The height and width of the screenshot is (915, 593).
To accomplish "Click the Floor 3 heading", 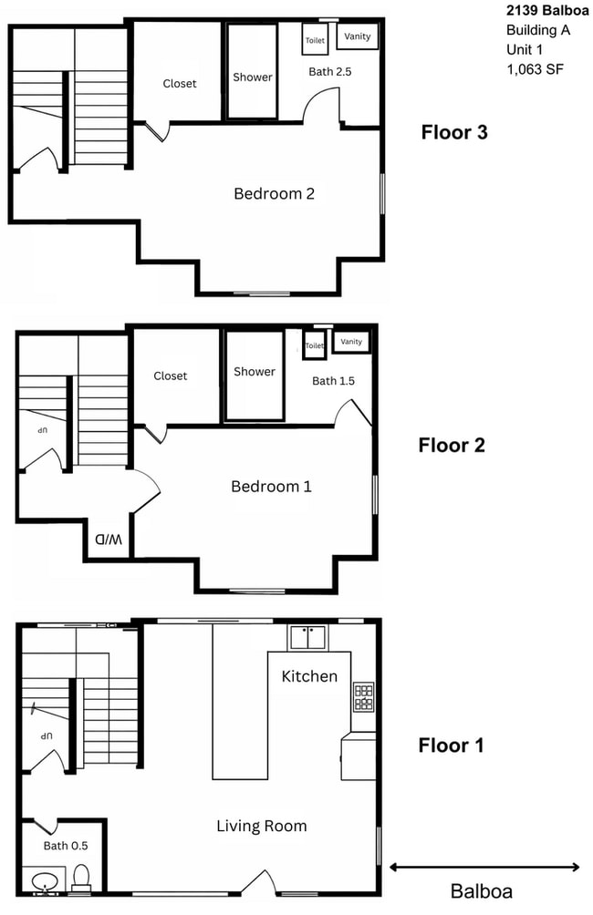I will (453, 132).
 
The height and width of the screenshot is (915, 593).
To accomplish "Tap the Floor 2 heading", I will (451, 445).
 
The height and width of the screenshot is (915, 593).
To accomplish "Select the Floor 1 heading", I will (451, 745).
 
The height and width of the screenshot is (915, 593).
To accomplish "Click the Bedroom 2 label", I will (274, 193).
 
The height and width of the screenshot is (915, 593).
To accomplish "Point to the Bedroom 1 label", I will (271, 487).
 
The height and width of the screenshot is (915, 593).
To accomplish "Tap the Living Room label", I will (261, 827).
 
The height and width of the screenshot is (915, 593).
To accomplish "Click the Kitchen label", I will (309, 676).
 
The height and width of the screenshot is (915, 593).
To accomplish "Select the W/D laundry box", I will (108, 539).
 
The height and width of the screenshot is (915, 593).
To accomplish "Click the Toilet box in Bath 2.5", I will (315, 40).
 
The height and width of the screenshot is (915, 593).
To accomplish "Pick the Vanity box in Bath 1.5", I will (351, 342).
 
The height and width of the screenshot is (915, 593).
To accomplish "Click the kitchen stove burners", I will (363, 697).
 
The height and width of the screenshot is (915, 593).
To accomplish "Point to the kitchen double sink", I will (308, 636).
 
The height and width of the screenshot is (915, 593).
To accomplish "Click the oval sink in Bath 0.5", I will (44, 881).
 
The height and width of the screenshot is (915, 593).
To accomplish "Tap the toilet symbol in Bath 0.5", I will (81, 878).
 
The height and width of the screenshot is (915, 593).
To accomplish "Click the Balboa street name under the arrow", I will (482, 891).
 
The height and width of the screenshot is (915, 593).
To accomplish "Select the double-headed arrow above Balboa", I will (484, 867).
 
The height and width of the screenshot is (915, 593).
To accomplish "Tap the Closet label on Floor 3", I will (179, 84).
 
